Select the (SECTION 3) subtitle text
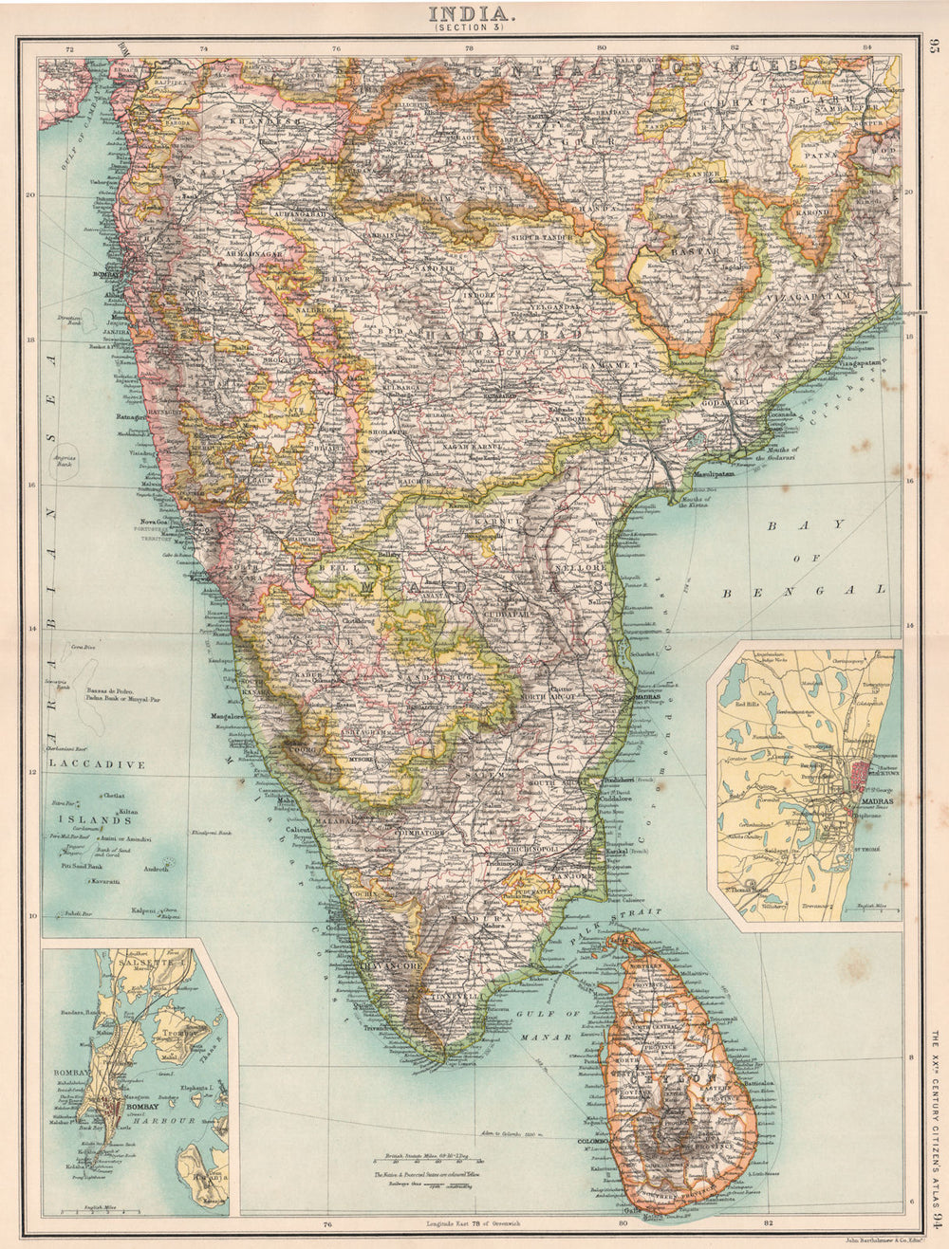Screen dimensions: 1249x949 point(472,28)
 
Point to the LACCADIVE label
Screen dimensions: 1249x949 point(94,762)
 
